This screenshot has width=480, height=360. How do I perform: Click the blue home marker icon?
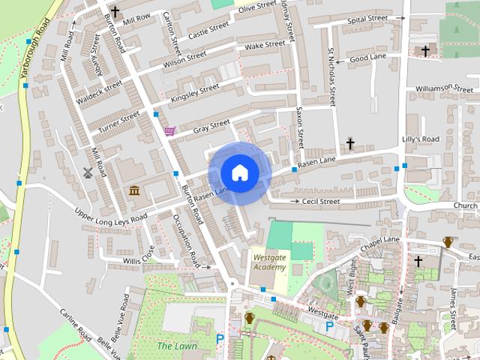tap(239, 173)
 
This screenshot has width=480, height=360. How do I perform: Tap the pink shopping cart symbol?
tap(170, 131)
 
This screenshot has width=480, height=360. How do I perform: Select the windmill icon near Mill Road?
tap(87, 172)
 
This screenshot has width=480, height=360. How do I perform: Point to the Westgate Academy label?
tap(269, 262)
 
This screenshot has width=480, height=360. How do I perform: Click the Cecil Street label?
tap(320, 201)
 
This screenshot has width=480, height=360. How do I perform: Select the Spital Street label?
tap(367, 18)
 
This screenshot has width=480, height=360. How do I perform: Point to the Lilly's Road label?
tap(421, 139)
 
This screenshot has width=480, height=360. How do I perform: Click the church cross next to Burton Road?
tap(115, 11)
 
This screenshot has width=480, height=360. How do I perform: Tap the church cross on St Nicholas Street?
tap(350, 142)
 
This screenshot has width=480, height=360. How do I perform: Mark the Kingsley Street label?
tap(195, 93)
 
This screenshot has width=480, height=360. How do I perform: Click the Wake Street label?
tap(265, 45)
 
